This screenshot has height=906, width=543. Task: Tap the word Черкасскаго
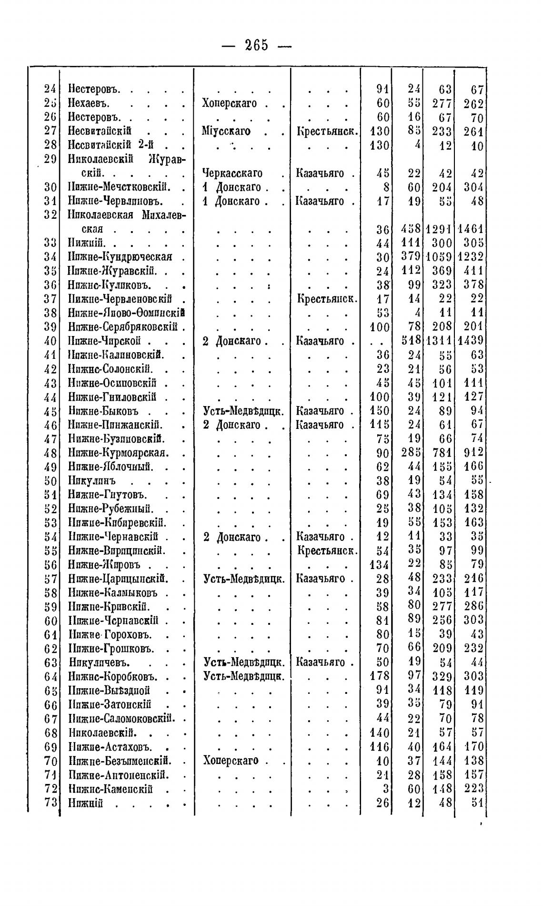(x=232, y=173)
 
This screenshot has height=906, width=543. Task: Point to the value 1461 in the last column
(x=471, y=229)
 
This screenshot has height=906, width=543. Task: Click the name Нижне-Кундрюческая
(x=120, y=256)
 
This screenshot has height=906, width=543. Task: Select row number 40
(x=50, y=341)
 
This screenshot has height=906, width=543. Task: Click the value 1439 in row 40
(x=471, y=341)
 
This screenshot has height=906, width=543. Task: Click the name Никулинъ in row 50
(x=92, y=480)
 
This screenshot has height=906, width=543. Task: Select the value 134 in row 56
(x=380, y=565)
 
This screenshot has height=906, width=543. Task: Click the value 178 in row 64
(x=380, y=676)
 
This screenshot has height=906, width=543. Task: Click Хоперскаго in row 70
(x=231, y=760)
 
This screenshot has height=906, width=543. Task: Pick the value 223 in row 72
(x=474, y=788)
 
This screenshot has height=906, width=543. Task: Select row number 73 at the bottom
(x=50, y=803)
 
